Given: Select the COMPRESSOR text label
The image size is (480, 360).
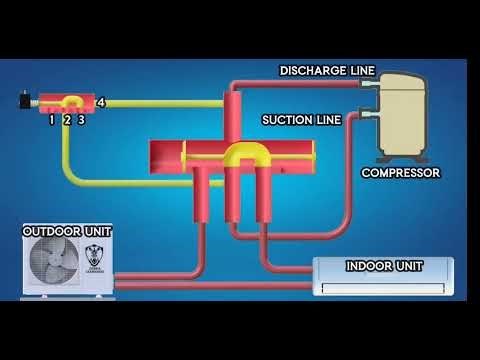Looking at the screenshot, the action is click(x=400, y=173).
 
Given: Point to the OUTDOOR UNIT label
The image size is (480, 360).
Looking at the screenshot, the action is click(x=67, y=231).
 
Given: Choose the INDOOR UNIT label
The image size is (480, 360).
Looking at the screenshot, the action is click(x=383, y=266).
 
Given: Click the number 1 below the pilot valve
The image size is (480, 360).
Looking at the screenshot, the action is click(x=51, y=119).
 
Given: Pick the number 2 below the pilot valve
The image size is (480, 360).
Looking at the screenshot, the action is click(x=66, y=119).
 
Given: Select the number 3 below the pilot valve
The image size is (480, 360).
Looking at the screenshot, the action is click(x=81, y=119).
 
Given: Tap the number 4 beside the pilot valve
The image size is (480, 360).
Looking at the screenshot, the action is click(x=101, y=101).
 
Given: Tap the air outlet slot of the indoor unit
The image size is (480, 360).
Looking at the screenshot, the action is click(x=383, y=288).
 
